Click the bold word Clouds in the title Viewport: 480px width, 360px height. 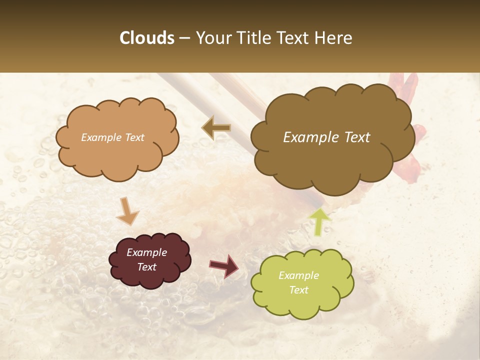click(147, 38)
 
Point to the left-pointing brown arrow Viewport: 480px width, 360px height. click(216, 127)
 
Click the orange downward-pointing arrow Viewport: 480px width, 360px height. click(127, 210)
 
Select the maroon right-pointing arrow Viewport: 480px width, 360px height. click(224, 265)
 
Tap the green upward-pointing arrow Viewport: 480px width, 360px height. click(319, 221)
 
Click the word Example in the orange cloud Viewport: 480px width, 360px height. click(100, 137)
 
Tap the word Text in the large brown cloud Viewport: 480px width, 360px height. click(354, 137)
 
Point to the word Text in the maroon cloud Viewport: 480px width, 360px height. click(147, 267)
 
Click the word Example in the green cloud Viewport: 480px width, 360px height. click(298, 275)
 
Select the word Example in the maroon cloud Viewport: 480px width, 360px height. click(147, 252)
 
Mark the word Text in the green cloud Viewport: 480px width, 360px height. click(298, 290)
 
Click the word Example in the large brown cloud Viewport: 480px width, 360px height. click(311, 137)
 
